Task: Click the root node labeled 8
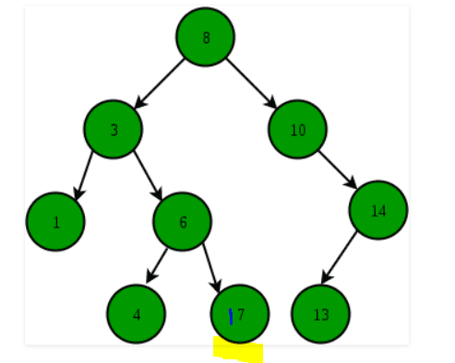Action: pos(205,38)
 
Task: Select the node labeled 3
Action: pos(113,130)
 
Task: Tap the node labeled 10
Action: pos(297,130)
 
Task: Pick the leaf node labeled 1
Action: pos(55,222)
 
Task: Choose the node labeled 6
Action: pos(183,222)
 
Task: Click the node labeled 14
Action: pos(378,211)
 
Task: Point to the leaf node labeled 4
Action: pos(136,314)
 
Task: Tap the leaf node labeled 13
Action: pos(320,314)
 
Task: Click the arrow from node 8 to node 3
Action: pos(160,83)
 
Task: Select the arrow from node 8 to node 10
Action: pos(251,83)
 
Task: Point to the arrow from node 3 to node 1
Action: pos(84,175)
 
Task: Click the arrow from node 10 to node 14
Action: pos(339,170)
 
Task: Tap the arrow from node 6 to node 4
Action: pos(157,265)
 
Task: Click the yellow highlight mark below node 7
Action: pos(238,351)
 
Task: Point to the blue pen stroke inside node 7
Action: pos(231,317)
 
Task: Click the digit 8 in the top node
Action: pos(206,38)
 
